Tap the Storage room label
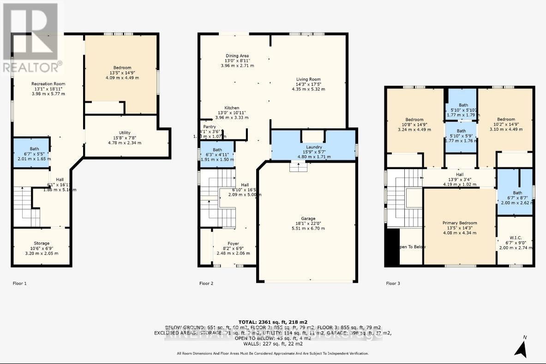[x=42, y=243]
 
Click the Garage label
[x=308, y=218]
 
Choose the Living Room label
[x=308, y=79]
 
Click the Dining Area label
[x=237, y=55]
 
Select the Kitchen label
[x=232, y=108]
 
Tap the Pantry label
[x=210, y=126]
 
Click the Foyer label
[x=234, y=243]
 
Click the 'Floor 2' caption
[x=206, y=283]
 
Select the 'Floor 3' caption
[x=393, y=283]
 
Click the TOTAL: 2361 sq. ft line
[x=273, y=322]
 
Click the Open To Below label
[x=412, y=247]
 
